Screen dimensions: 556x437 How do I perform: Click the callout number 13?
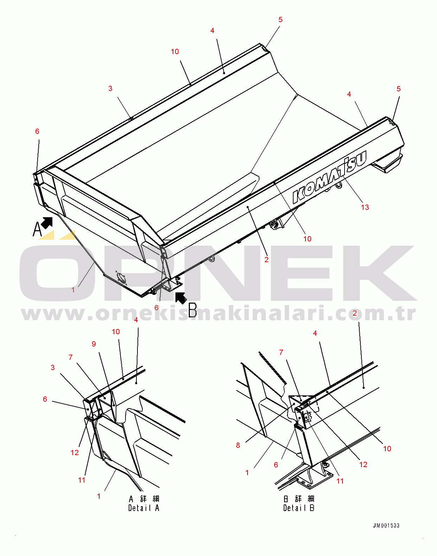[365, 207]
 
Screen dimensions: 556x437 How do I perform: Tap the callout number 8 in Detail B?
[238, 445]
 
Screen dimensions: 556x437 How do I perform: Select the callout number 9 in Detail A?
[94, 344]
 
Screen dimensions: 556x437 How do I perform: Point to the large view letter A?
[37, 229]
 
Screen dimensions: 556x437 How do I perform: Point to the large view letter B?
[193, 310]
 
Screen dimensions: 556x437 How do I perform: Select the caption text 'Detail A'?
[144, 508]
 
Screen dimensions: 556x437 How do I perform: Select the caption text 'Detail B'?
[299, 508]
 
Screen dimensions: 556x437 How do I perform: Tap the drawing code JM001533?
[386, 526]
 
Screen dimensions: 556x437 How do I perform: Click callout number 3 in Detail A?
[53, 368]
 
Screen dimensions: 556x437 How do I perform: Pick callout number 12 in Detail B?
[363, 465]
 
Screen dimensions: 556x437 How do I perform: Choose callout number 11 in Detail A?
[82, 480]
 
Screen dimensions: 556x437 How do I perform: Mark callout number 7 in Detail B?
[281, 353]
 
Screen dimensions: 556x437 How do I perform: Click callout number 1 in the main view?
[73, 290]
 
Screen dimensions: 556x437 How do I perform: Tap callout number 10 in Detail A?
[116, 332]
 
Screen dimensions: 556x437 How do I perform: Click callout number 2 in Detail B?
[355, 313]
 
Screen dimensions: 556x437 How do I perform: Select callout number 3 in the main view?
[110, 89]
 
